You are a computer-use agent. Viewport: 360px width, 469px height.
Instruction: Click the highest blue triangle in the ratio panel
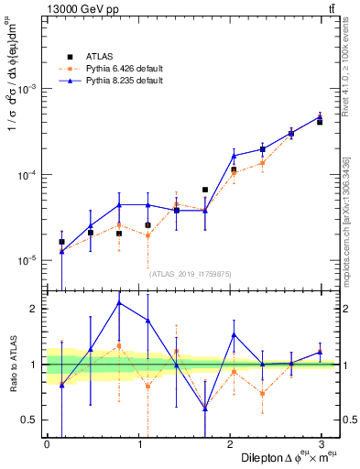(119, 302)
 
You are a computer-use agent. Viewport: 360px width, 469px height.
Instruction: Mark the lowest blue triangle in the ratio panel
(205, 408)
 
